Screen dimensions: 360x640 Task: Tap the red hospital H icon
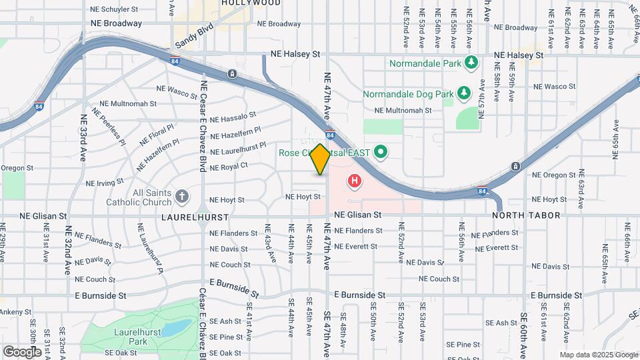pyautogui.click(x=355, y=181)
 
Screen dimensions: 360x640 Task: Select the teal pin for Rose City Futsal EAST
pyautogui.click(x=381, y=153)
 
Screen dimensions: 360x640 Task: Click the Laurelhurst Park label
pyautogui.click(x=130, y=337)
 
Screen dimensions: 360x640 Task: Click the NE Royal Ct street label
pyautogui.click(x=229, y=166)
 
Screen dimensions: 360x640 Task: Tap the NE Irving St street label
pyautogui.click(x=104, y=181)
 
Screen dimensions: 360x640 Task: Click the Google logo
pyautogui.click(x=23, y=351)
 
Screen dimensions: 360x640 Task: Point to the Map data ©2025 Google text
pyautogui.click(x=598, y=355)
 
